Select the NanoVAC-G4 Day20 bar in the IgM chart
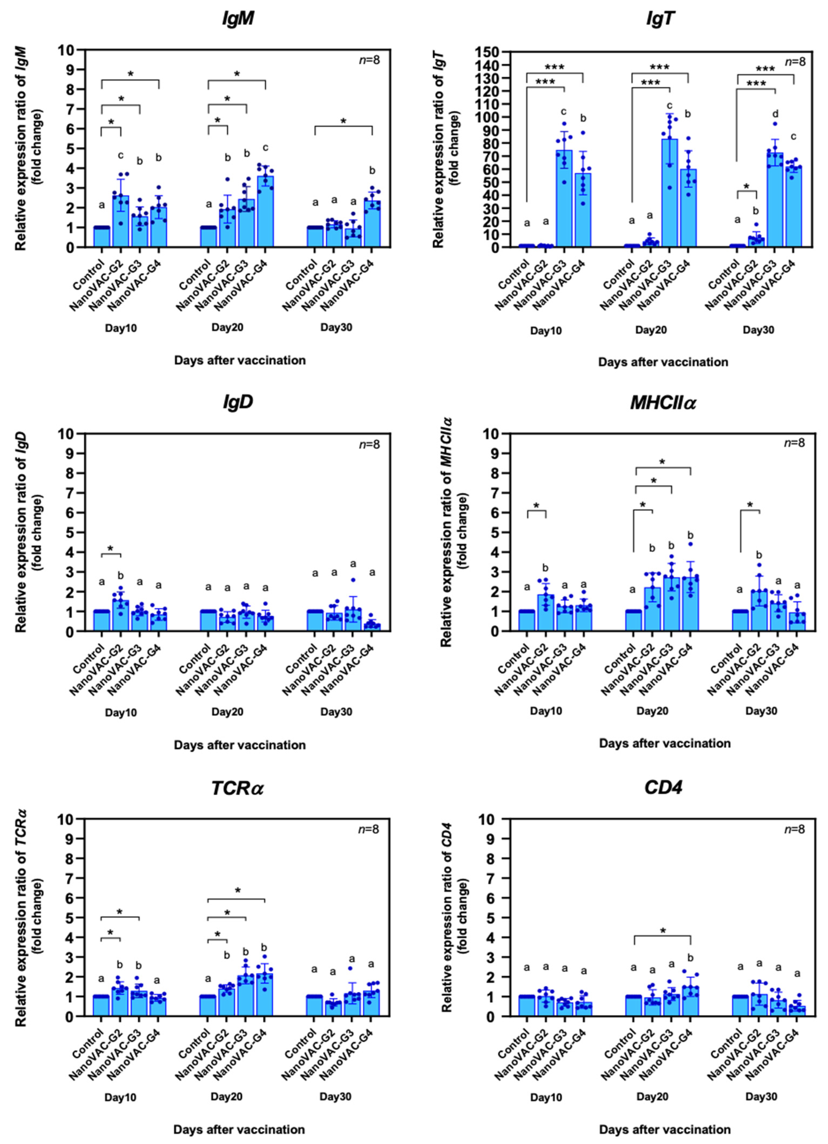point(265,212)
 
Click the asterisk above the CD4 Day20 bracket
point(663,931)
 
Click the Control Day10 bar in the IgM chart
point(101,237)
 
